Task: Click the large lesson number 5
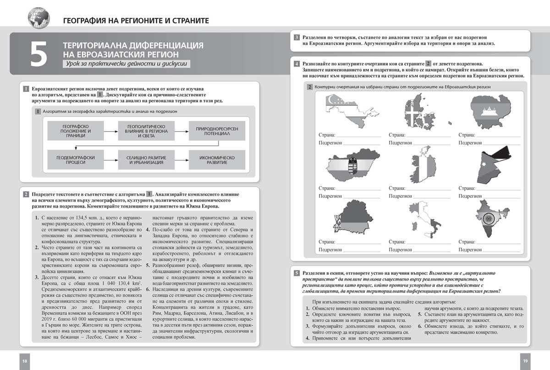(39, 54)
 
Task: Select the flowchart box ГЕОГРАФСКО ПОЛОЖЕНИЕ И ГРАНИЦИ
(76, 130)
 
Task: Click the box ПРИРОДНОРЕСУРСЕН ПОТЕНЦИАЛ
(217, 130)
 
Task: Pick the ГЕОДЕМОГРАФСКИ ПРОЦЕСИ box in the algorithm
(76, 160)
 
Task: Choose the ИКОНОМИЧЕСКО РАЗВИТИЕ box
(217, 160)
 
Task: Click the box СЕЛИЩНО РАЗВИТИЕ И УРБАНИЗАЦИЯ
(146, 160)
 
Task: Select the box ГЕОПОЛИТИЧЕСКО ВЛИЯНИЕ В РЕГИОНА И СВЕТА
(146, 130)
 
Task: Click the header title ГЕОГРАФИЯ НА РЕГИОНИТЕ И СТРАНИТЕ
(136, 21)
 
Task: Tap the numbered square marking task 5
(297, 273)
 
